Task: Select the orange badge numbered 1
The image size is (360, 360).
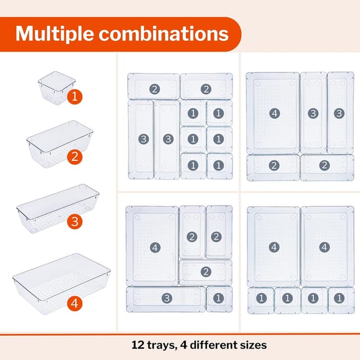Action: point(74,97)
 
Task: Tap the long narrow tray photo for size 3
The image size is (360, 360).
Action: point(56,209)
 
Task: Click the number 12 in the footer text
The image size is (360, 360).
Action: point(138,345)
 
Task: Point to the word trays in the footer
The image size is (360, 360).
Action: point(161,345)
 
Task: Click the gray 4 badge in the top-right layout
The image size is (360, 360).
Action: point(274,113)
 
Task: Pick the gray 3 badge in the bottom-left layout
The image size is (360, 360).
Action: point(166,298)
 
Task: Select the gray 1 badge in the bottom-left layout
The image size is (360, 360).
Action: point(218,298)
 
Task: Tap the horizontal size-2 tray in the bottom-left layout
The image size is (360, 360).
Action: point(205,272)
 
